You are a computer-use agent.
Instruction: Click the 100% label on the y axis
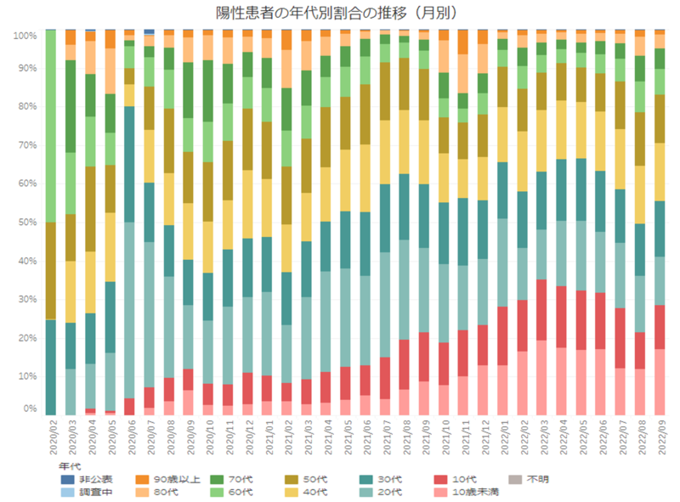click(x=24, y=37)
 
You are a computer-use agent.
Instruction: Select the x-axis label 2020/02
click(x=50, y=437)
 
